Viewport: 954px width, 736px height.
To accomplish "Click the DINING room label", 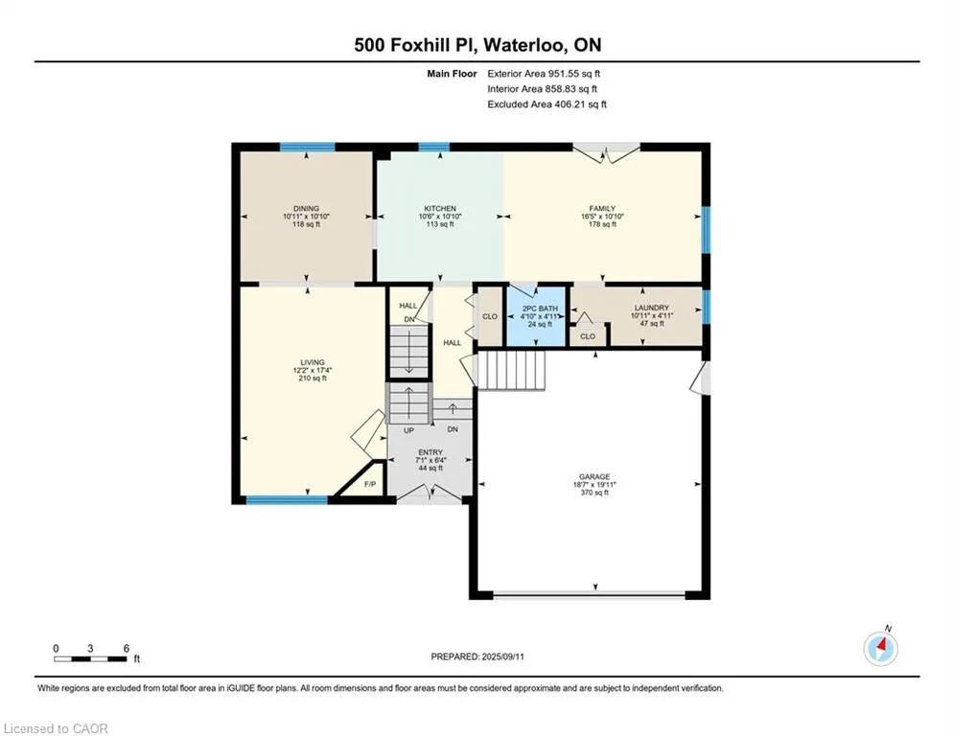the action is (x=306, y=209).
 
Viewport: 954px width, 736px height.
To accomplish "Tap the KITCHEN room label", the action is (x=440, y=209).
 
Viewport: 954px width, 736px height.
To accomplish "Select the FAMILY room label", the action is (x=602, y=209).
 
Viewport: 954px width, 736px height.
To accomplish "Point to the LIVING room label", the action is (x=313, y=362).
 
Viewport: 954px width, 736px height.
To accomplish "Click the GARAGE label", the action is (x=594, y=477).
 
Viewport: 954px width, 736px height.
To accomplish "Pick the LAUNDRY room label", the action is (x=652, y=309).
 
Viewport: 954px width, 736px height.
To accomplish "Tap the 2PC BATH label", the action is (x=540, y=309).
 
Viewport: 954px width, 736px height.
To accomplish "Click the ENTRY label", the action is (x=430, y=452).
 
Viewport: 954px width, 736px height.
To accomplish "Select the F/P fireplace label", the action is (x=370, y=484).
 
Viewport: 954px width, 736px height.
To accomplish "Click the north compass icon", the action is (x=881, y=649).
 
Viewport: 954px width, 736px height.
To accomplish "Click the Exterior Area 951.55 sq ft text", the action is (x=544, y=74).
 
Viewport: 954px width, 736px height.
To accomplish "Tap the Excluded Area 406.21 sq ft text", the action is (x=547, y=104).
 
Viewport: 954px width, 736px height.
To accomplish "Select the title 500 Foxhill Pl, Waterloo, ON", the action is (x=477, y=45).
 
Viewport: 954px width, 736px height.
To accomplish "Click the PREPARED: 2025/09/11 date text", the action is (x=477, y=656).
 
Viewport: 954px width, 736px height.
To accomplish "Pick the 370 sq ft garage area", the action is (x=594, y=493).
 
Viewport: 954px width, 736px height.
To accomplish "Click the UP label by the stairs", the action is (x=408, y=430).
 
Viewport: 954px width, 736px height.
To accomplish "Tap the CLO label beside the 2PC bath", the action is (x=490, y=316).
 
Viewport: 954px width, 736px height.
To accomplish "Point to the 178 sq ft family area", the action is (x=602, y=224).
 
